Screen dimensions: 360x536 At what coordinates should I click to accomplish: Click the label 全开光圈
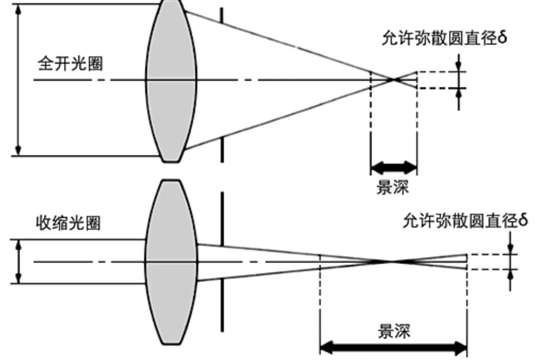pos(70,64)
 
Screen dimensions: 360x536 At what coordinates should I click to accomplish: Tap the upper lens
pos(171,80)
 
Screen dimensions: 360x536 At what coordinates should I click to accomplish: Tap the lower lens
pos(171,262)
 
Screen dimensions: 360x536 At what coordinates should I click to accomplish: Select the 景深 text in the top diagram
pos(393,187)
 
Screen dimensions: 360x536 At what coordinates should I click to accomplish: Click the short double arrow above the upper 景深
pos(393,169)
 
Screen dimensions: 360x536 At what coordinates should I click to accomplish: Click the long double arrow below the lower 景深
pos(393,349)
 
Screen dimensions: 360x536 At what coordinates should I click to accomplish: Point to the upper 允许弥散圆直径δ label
pos(441,39)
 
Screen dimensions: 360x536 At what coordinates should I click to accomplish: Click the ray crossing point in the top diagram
pos(394,80)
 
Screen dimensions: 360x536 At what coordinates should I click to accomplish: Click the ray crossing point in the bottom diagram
pos(392,261)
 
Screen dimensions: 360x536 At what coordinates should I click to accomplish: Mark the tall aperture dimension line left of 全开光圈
pos(20,80)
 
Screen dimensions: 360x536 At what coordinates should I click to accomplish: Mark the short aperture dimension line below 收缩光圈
pos(20,262)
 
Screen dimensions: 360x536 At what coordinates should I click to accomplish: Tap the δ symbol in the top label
pos(502,39)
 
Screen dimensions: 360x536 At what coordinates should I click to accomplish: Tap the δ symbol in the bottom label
pos(523,220)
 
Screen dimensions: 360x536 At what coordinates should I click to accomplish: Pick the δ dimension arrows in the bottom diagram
pos(510,261)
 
